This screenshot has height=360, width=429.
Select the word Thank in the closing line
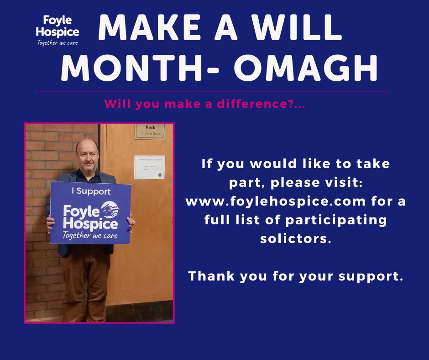[212, 276]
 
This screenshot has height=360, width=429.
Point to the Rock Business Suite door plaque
[150, 131]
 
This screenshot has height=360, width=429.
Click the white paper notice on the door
[149, 167]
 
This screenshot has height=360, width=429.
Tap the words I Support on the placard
[91, 191]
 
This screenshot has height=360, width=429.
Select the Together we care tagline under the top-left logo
[58, 43]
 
